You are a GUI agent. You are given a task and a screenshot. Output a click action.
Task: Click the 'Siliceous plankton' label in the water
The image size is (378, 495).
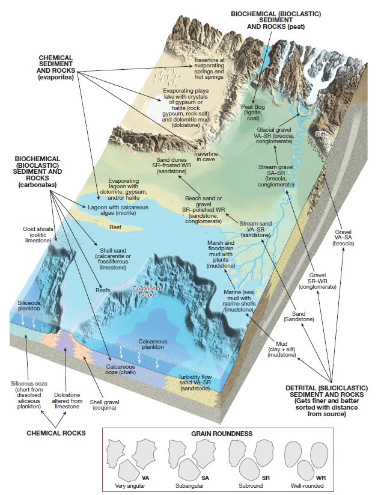pyautogui.click(x=29, y=305)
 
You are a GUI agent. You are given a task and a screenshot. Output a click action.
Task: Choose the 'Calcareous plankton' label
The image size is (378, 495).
pyautogui.click(x=153, y=344)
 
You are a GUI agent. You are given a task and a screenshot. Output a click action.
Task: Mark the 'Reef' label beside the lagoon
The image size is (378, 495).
pyautogui.click(x=115, y=228)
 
